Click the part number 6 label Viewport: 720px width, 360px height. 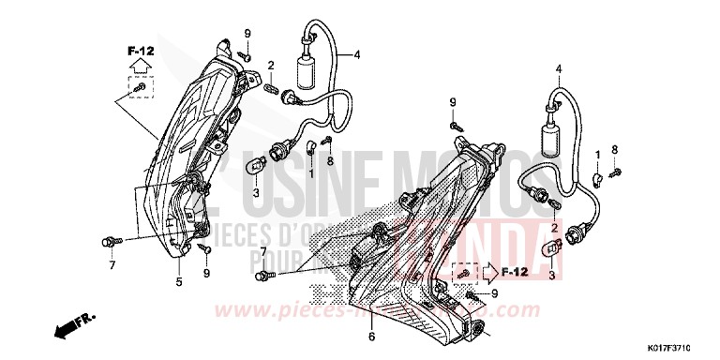[371, 337]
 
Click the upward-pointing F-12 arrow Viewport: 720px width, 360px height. [139, 66]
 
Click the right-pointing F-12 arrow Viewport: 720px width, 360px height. [492, 273]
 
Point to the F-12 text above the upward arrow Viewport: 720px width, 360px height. [139, 47]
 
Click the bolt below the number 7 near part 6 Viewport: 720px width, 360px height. [265, 275]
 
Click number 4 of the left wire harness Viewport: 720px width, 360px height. [356, 55]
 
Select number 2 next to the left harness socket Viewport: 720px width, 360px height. [270, 65]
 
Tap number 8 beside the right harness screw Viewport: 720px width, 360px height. [615, 149]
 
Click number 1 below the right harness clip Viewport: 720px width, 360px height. [599, 153]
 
